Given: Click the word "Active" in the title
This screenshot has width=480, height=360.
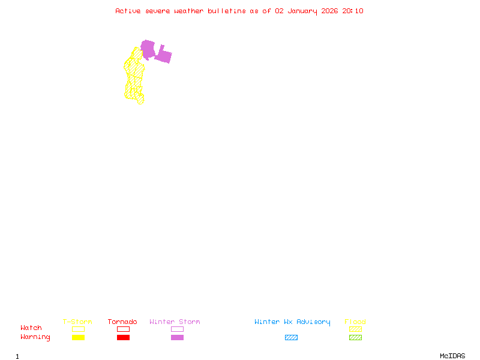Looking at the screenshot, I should click(x=128, y=11).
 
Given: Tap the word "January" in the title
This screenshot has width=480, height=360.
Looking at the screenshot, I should click(x=300, y=11).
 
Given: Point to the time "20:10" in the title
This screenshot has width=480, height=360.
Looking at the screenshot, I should click(x=353, y=11).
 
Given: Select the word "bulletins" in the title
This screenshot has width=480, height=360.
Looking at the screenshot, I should click(x=227, y=11).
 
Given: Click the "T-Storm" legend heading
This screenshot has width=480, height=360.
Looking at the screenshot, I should click(x=77, y=322).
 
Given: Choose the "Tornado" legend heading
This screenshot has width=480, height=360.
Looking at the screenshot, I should click(x=122, y=322).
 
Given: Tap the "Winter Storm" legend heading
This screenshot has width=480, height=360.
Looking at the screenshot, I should click(x=175, y=322).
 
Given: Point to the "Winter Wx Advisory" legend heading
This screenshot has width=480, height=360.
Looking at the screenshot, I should click(x=292, y=322).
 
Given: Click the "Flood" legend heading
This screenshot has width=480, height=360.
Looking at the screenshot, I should click(x=355, y=322).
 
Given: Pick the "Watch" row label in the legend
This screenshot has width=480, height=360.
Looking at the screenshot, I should click(x=31, y=328).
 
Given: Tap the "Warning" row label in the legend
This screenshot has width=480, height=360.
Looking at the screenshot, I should click(x=35, y=337).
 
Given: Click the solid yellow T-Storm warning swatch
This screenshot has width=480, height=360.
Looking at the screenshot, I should click(x=78, y=338).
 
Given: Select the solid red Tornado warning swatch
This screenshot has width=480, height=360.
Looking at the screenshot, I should click(x=123, y=338).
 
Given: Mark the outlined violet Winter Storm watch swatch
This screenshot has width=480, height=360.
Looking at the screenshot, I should click(x=177, y=329).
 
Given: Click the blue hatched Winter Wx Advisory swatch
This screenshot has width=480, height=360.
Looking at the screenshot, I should click(x=291, y=338).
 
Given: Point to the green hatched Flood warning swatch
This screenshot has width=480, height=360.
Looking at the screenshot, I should click(x=355, y=338).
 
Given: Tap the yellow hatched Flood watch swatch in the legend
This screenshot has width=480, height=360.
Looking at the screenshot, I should click(x=355, y=329).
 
